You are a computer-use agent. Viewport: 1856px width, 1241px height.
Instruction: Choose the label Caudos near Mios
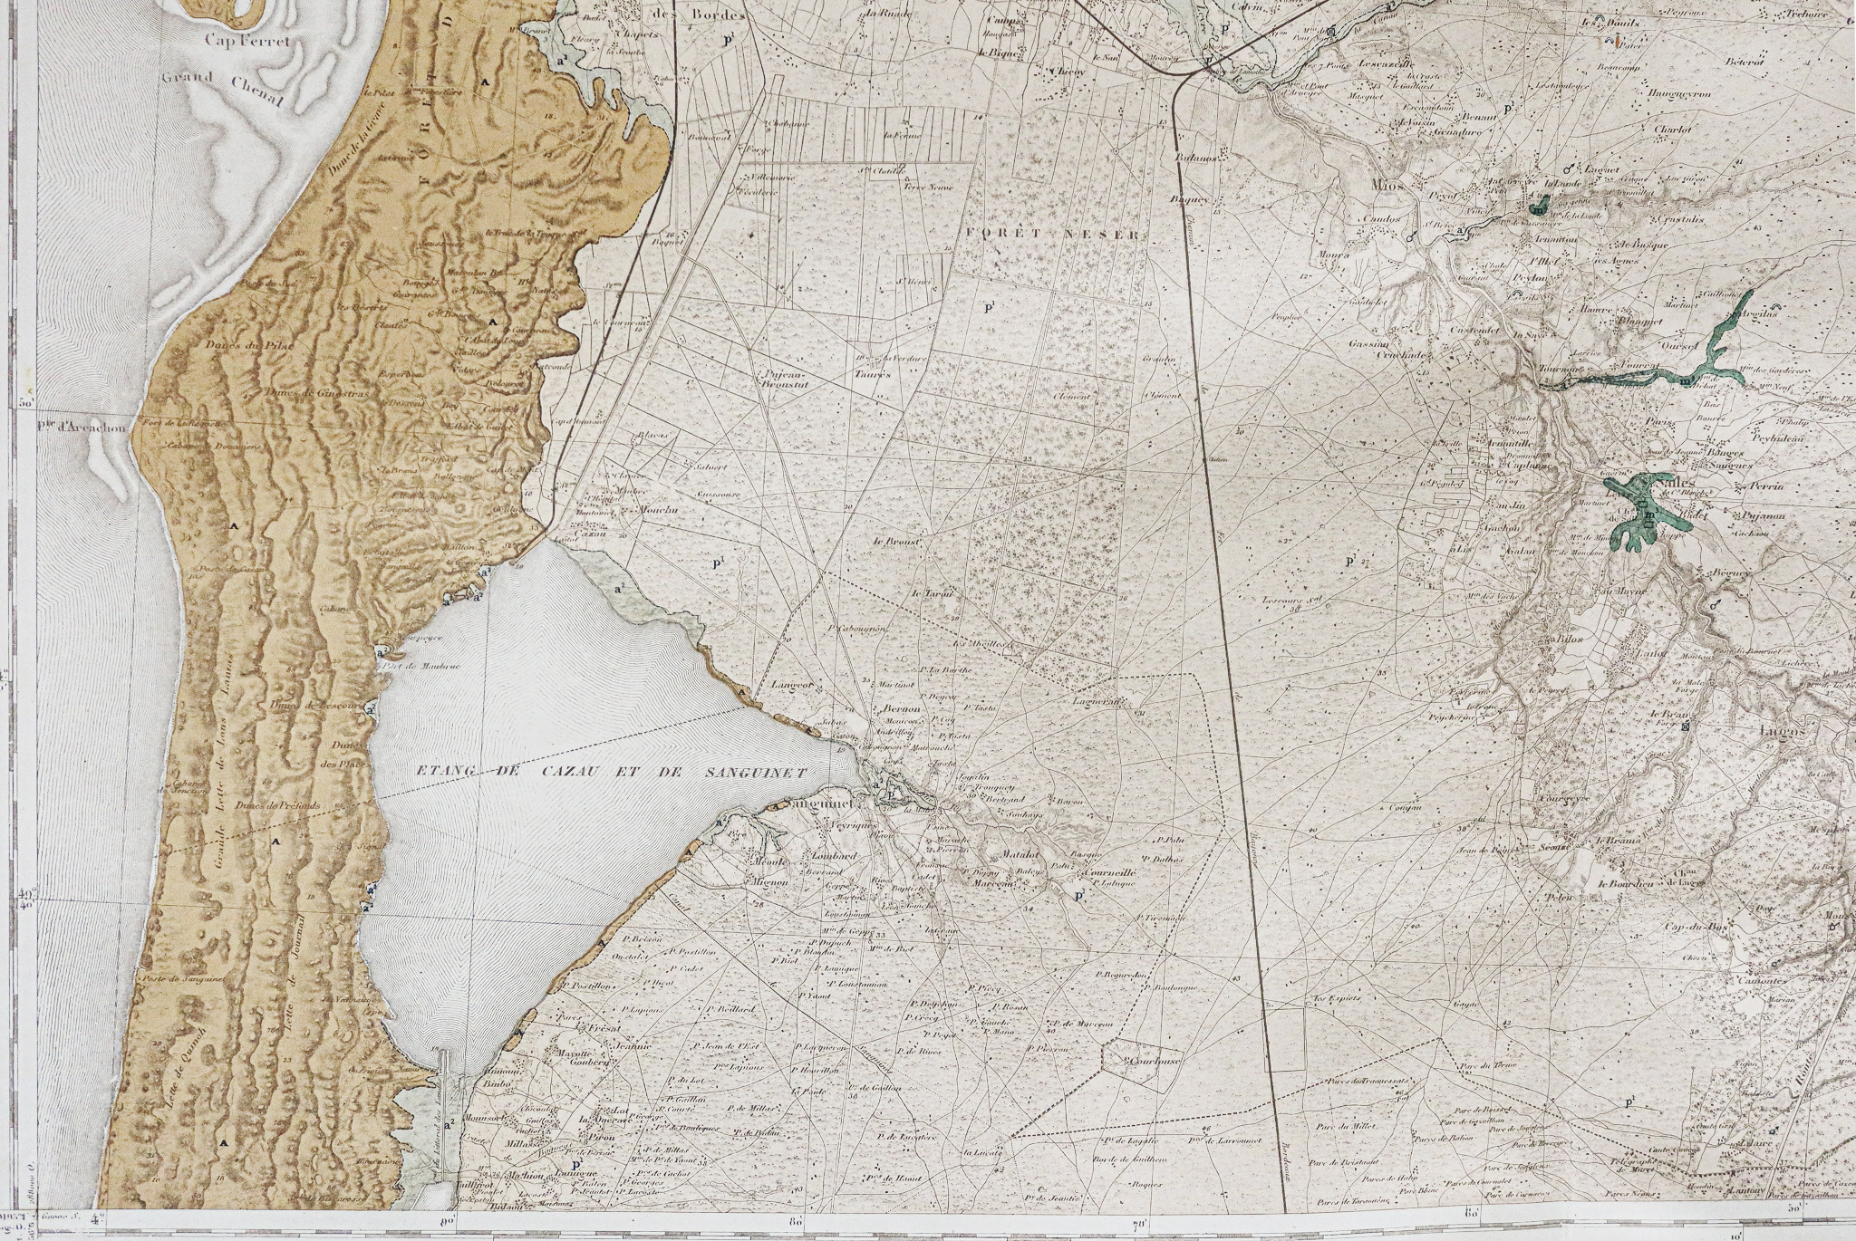click(x=1381, y=219)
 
